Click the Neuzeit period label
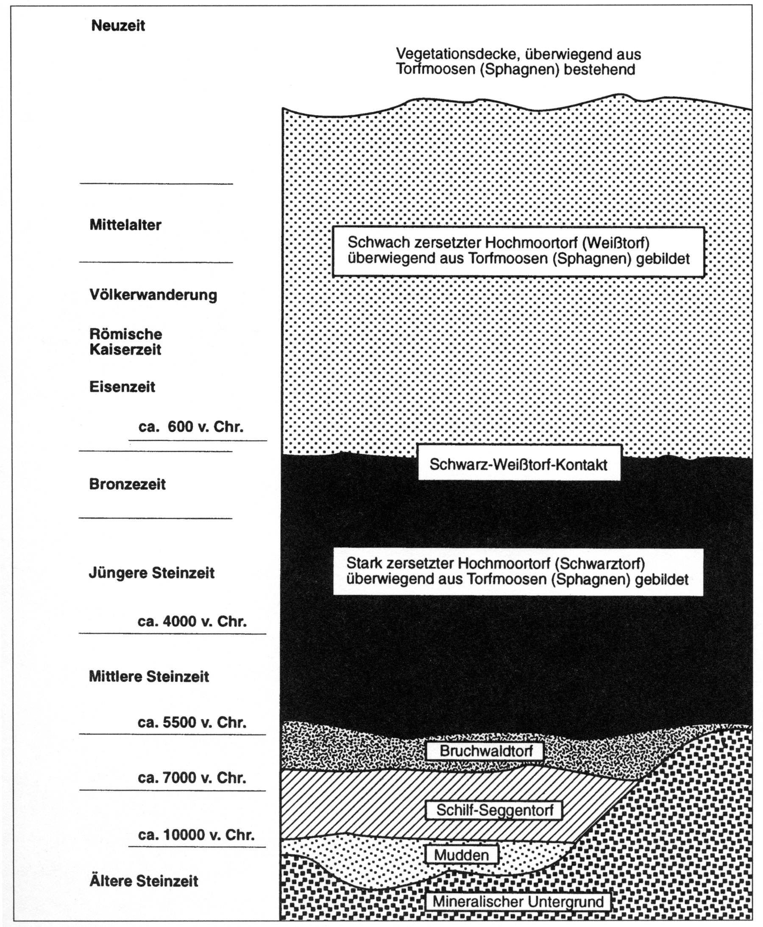pos(118,26)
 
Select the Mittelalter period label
pos(125,225)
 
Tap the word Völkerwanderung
pos(153,294)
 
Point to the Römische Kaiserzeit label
pos(126,342)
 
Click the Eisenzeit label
pos(122,387)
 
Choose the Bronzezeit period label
pos(127,484)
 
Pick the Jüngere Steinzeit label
pos(152,573)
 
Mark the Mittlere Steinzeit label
pos(149,676)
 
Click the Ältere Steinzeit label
pos(144,881)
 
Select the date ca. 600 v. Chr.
pos(191,427)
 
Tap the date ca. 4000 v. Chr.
pos(192,621)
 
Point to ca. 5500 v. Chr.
pos(192,722)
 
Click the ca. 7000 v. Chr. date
pos(192,777)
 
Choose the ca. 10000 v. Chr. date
pos(196,835)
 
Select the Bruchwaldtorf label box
pos(486,751)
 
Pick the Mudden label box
pos(462,855)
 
